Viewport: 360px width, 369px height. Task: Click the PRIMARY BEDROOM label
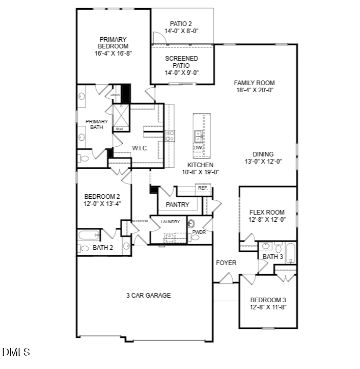coord(113,43)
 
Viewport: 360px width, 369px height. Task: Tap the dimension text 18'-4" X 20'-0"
coord(255,90)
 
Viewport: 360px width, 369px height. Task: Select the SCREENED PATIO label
coord(182,62)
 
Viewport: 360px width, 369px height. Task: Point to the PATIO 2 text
coord(181,24)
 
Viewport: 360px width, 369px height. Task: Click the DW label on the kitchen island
coord(198,148)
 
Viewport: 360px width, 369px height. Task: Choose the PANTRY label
coord(177,205)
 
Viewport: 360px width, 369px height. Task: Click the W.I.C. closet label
coord(140,148)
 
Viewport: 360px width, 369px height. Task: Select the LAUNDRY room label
coord(170,222)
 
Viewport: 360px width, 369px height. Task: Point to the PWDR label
coord(199,232)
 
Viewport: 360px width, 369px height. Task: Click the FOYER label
coord(226,263)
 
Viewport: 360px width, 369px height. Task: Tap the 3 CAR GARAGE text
coord(149,295)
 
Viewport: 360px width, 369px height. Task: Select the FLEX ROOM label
coord(267,213)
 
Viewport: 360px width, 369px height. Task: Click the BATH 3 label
coord(272,257)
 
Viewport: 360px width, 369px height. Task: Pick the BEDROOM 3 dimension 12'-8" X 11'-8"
coord(268,307)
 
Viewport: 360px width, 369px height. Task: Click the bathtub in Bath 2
coord(89,235)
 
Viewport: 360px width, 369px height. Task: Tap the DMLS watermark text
coord(16,352)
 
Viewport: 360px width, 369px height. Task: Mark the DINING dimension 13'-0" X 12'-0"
coord(263,162)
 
